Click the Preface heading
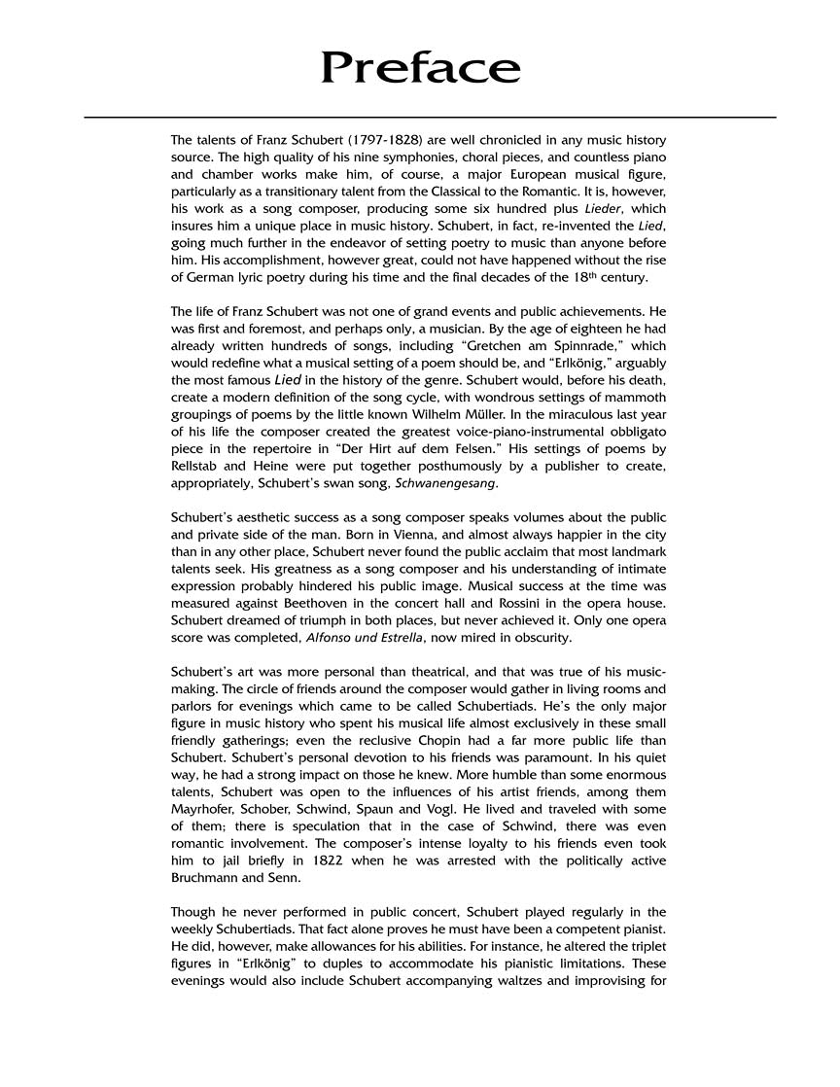420,68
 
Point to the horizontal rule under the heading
430,118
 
